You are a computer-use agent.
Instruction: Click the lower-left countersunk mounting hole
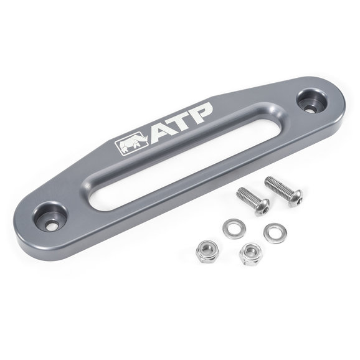click(x=50, y=217)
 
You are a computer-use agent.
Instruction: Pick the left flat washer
click(x=234, y=229)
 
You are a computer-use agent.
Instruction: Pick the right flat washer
click(x=275, y=233)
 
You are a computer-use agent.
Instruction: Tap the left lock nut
click(x=207, y=252)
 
